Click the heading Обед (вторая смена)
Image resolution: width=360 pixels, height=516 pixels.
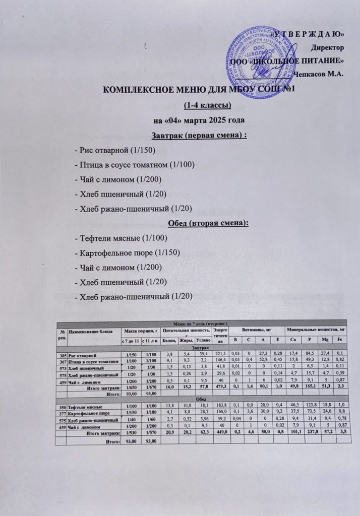(x=199, y=223)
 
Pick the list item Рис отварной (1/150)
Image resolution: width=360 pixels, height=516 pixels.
(x=114, y=151)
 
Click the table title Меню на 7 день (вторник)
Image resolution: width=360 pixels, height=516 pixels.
(x=201, y=322)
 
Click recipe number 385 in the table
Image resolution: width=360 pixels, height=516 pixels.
(x=62, y=355)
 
